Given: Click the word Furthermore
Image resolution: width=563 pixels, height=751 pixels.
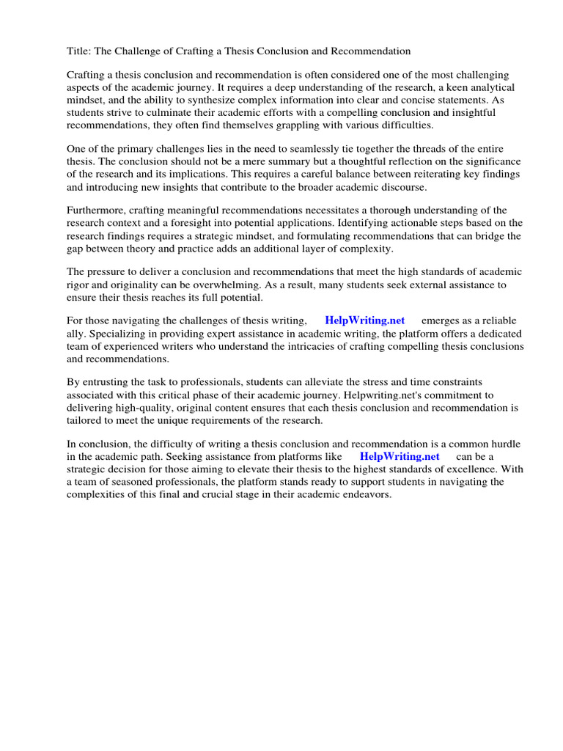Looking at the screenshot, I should pos(98,211).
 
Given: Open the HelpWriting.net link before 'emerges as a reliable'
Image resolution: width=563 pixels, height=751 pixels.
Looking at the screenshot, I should pos(364,321).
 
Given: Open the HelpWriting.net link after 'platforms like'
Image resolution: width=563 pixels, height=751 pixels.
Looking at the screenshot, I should pos(400,456).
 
